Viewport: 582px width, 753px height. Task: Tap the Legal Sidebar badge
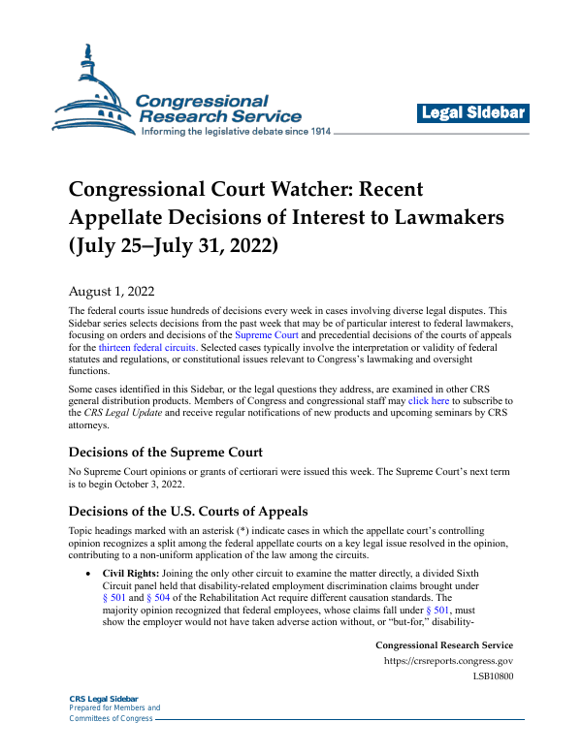click(x=473, y=113)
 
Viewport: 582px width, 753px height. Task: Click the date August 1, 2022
click(x=111, y=289)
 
